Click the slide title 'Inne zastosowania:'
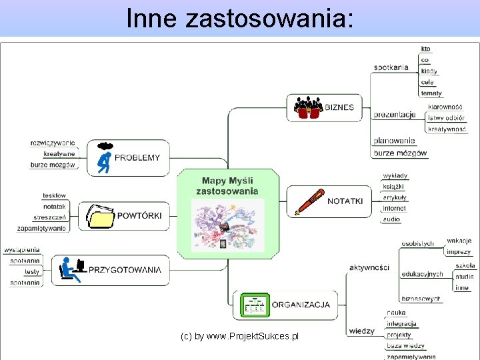click(239, 18)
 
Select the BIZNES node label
click(339, 107)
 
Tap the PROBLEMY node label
click(137, 158)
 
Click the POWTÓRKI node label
click(139, 215)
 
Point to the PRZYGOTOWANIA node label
click(125, 270)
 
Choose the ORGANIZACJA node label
click(301, 305)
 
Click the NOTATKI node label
click(345, 201)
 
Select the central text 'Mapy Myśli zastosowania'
click(227, 186)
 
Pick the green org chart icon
click(255, 305)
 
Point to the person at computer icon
click(72, 269)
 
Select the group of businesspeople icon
click(308, 107)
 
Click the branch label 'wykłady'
click(395, 176)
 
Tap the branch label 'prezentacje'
click(395, 115)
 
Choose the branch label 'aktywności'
click(369, 267)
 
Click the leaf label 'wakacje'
click(459, 241)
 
